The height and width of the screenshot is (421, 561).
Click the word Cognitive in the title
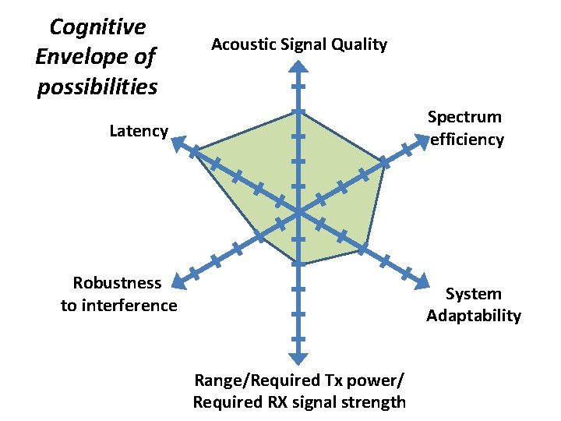97,27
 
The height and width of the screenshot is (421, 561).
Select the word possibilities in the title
97,86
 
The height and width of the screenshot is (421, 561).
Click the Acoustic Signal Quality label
299,44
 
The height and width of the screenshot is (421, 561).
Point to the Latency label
139,131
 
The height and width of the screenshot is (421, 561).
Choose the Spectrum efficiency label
465,128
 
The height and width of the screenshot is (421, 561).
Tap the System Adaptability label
474,305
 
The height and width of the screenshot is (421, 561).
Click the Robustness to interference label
118,294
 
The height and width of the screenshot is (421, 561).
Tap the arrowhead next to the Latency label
177,142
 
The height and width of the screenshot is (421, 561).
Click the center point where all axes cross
298,210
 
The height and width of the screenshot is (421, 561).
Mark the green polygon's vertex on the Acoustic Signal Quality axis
298,111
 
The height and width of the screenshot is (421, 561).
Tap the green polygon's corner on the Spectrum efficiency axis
384,161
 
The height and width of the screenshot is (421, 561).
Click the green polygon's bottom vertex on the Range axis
298,264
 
